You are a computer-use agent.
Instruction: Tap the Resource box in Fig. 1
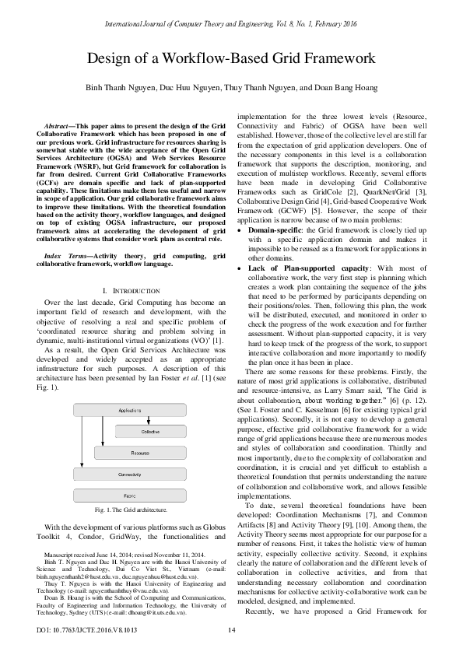139,451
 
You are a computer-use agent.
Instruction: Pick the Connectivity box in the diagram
129,473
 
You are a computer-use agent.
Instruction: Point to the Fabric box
129,495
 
